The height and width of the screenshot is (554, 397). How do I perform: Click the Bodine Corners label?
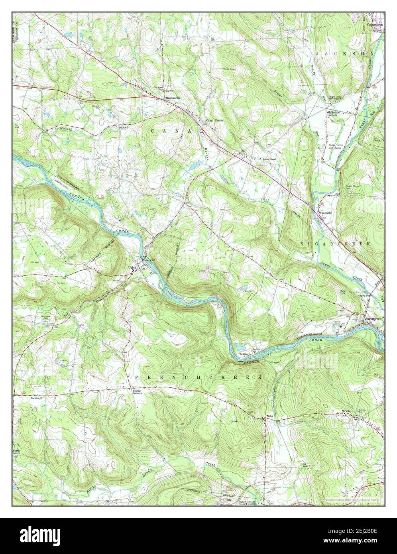click(138, 392)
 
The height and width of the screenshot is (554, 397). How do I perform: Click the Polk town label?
click(228, 499)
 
